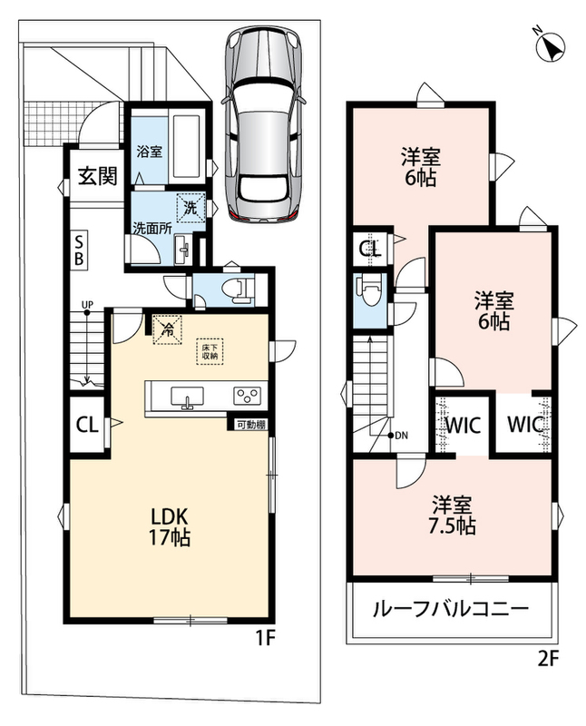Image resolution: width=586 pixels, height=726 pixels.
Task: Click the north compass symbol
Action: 551,44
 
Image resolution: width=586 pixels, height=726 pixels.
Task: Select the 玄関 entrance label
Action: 98,176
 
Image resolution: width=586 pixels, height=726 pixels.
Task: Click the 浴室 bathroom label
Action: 149,152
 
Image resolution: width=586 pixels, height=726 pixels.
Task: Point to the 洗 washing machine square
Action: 190,208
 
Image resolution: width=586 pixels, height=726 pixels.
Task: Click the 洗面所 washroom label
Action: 152,229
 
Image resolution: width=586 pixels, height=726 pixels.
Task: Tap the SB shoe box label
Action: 79,250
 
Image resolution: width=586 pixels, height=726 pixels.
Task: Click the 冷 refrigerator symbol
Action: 167,330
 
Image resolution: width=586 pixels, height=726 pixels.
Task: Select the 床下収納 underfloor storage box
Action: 210,351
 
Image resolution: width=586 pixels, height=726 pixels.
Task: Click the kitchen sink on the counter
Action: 187,397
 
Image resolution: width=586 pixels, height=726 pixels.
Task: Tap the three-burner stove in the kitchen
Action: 247,396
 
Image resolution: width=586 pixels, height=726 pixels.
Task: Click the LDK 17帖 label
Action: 169,527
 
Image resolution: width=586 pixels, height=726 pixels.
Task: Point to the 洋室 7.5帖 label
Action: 454,515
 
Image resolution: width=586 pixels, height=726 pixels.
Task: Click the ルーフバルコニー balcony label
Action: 450,608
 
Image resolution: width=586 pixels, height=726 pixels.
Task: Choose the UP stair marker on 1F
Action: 87,305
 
